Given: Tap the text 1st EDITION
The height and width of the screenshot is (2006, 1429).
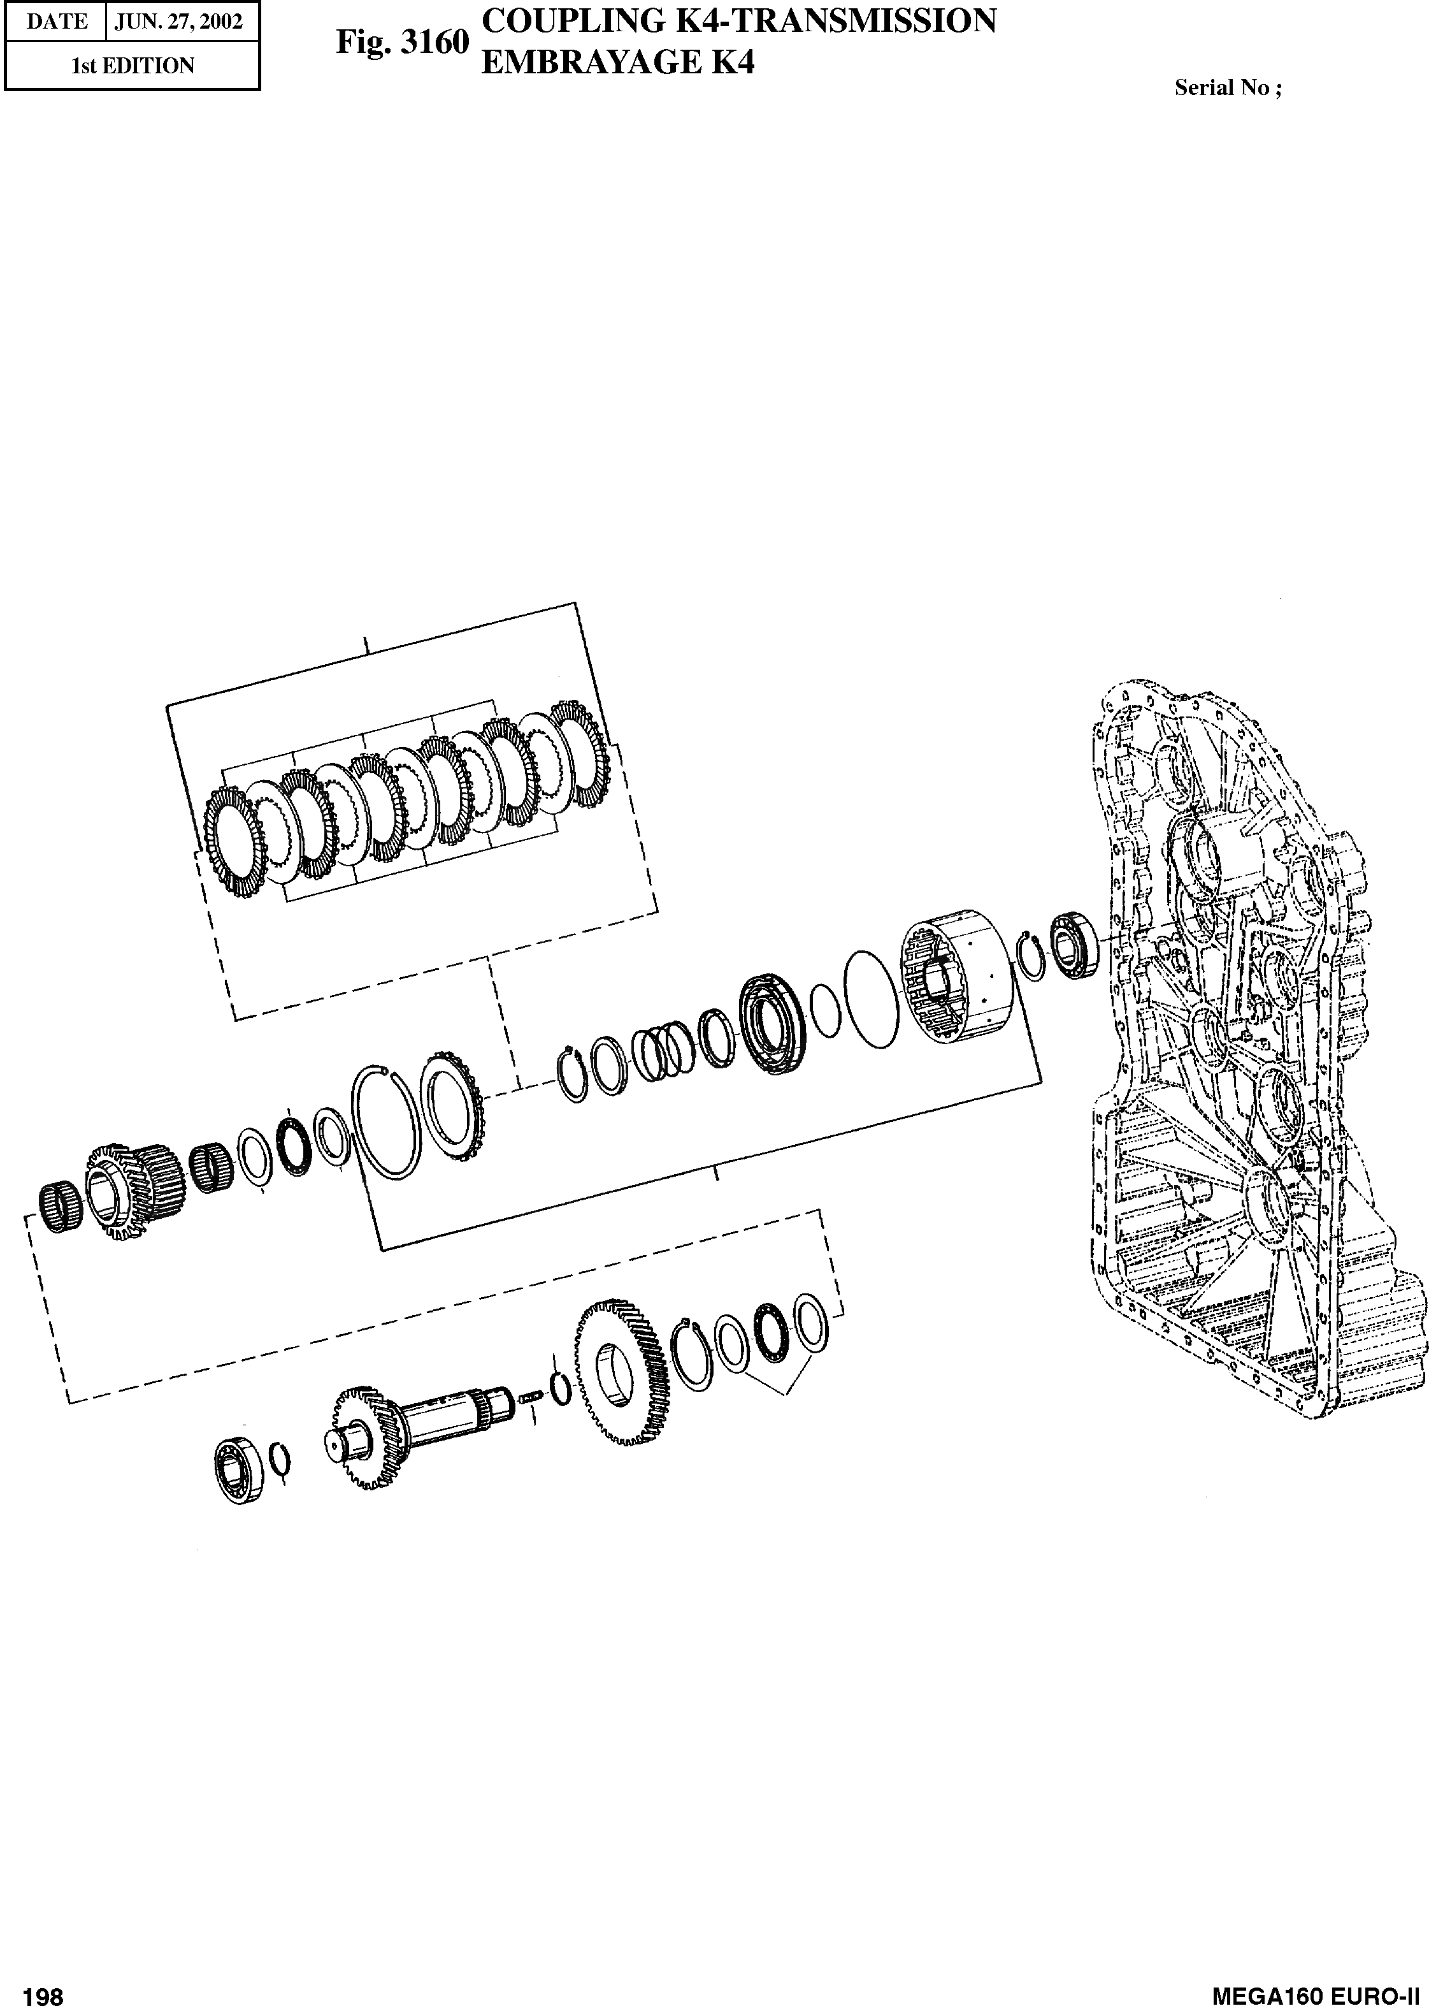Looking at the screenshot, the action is (132, 66).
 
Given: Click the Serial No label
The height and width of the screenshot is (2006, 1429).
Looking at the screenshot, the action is (1228, 87).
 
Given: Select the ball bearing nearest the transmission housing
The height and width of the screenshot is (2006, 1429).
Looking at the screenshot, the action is (1074, 945).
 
